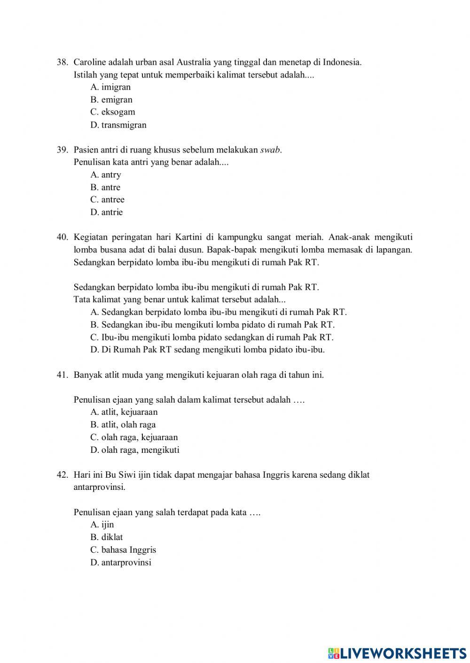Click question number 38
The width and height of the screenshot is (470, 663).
pyautogui.click(x=63, y=62)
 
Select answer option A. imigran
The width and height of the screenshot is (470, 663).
pyautogui.click(x=110, y=87)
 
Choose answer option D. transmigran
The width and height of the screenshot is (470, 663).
pyautogui.click(x=118, y=125)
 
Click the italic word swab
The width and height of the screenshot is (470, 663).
pyautogui.click(x=270, y=150)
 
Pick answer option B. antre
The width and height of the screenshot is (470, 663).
pyautogui.click(x=105, y=187)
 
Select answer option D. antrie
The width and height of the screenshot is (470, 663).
pyautogui.click(x=107, y=212)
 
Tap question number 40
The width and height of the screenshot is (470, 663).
pyautogui.click(x=63, y=237)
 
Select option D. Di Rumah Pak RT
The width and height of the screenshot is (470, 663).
pyautogui.click(x=207, y=350)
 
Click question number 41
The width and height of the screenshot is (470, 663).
pyautogui.click(x=63, y=375)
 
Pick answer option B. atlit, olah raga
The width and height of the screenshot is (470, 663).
pyautogui.click(x=123, y=425)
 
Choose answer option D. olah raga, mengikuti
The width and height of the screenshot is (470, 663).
pyautogui.click(x=135, y=450)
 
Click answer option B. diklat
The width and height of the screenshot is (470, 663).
pyautogui.click(x=107, y=537)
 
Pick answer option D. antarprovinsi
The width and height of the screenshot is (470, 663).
pyautogui.click(x=121, y=562)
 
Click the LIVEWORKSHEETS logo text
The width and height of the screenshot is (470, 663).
pyautogui.click(x=403, y=653)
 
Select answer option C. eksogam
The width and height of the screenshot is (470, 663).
pyautogui.click(x=113, y=112)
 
